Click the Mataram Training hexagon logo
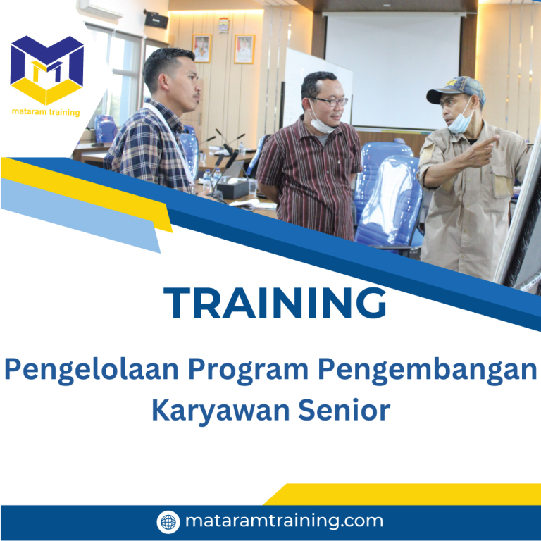click(x=47, y=70)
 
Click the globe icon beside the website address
click(x=168, y=522)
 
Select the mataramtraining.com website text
click(x=284, y=521)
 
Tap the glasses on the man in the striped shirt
click(x=329, y=101)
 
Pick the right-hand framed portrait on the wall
click(x=244, y=49)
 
